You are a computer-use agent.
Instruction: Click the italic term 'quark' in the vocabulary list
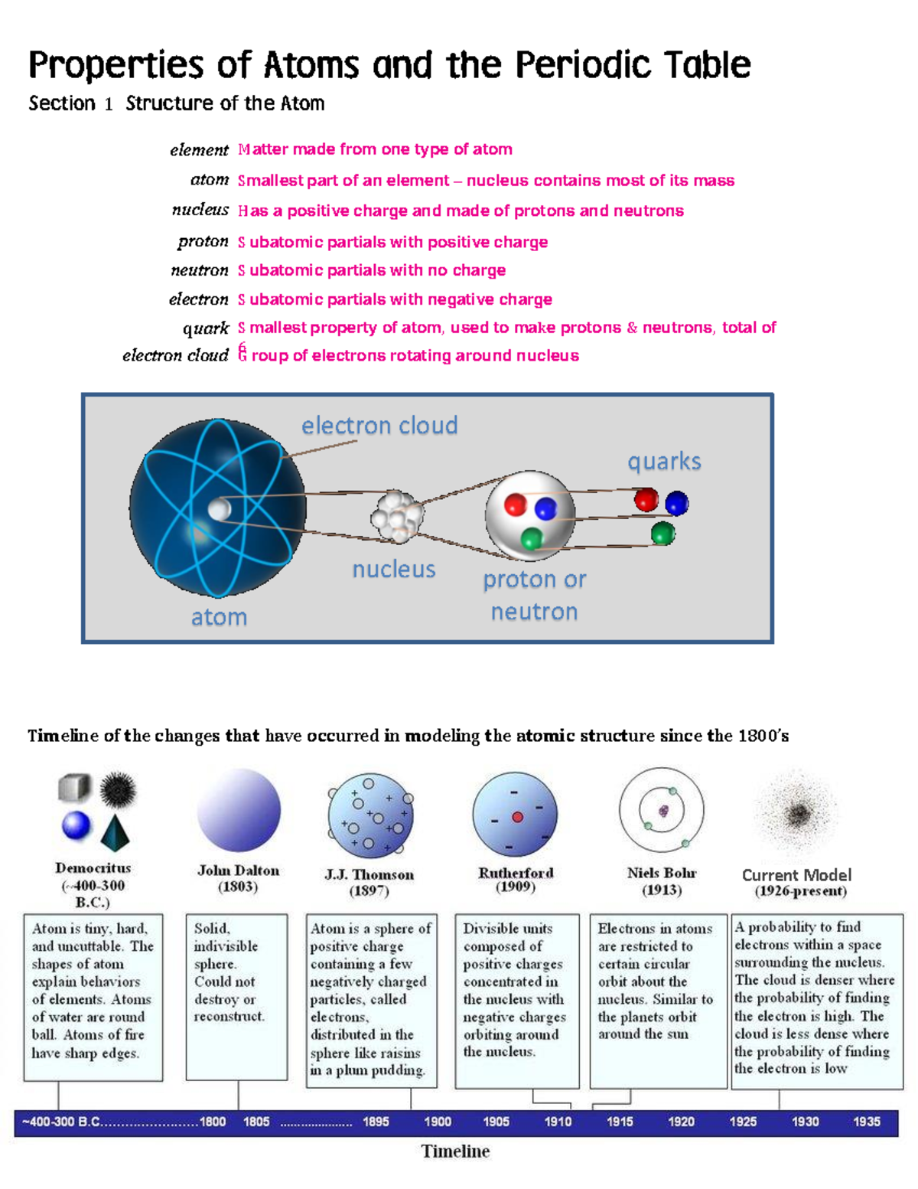[x=206, y=328]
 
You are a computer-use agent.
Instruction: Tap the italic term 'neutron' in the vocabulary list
[x=200, y=270]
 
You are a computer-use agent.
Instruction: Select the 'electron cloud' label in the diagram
[x=379, y=425]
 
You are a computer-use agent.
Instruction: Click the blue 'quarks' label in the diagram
[x=664, y=462]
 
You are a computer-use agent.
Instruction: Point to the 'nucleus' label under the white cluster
[x=393, y=570]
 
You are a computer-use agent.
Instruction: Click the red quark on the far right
[x=646, y=499]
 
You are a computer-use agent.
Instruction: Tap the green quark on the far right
[x=662, y=533]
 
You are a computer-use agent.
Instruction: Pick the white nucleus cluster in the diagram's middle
[x=396, y=517]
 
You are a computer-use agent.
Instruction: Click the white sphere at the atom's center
[x=220, y=509]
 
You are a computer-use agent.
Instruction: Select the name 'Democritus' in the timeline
[x=93, y=868]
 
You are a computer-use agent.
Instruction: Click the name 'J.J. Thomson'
[x=369, y=874]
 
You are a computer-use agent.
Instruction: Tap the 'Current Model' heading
[x=796, y=875]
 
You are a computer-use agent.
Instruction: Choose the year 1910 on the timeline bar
[x=558, y=1122]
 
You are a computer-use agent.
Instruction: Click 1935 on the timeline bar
[x=866, y=1122]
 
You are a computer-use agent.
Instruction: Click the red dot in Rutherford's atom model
[x=517, y=817]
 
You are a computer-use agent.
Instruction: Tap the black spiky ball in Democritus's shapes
[x=117, y=789]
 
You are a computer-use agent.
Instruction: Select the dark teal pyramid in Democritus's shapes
[x=115, y=833]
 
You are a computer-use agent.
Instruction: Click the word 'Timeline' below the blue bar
[x=455, y=1151]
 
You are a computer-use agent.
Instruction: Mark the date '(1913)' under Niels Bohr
[x=662, y=890]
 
